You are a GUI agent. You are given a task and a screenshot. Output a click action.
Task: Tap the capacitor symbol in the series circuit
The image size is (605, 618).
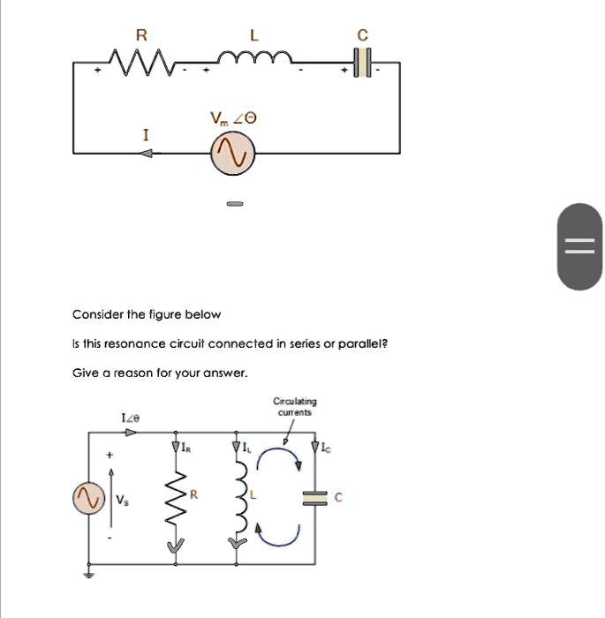[361, 63]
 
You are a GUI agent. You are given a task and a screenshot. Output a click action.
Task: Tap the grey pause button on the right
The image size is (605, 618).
[580, 246]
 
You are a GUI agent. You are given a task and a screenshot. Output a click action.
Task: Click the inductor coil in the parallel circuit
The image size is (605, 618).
[236, 499]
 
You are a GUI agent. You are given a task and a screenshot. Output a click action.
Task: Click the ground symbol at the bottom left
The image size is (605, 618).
[87, 575]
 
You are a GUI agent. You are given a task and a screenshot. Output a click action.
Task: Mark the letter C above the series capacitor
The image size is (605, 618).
[361, 35]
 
